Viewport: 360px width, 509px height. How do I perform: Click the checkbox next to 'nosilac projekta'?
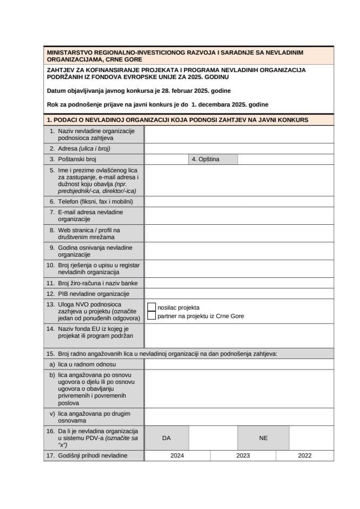point(152,307)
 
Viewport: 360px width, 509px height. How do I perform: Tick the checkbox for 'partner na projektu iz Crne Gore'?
point(152,315)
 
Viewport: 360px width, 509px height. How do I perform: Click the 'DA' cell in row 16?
point(166,438)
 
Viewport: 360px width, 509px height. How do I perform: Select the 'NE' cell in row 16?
point(263,438)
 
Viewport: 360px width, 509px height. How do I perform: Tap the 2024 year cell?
point(177,455)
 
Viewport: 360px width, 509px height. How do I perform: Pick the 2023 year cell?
point(243,455)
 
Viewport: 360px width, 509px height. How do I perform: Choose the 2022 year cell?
point(304,455)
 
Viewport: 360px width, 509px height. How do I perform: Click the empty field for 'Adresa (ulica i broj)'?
point(239,148)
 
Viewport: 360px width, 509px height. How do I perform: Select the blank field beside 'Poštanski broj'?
point(166,159)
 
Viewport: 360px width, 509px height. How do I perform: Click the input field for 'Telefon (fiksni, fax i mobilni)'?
point(239,201)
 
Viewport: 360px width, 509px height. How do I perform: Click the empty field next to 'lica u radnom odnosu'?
point(239,364)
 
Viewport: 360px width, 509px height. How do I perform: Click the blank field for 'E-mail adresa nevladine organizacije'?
point(239,215)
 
